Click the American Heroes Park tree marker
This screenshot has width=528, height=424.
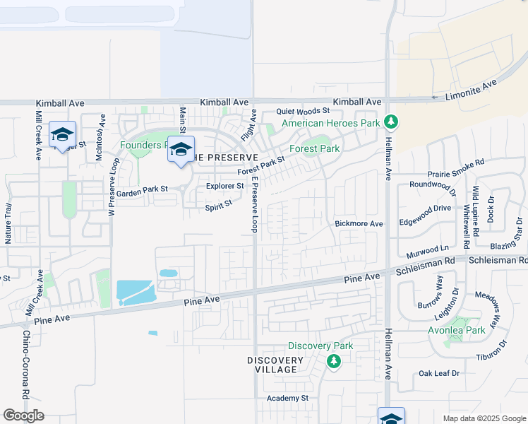click(391, 123)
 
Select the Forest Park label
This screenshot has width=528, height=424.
click(315, 149)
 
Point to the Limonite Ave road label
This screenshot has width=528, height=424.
click(472, 90)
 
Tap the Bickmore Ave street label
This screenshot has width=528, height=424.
click(359, 224)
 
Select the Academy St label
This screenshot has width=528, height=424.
click(288, 399)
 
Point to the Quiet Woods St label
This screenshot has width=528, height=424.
click(303, 111)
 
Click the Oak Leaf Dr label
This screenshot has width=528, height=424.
click(439, 373)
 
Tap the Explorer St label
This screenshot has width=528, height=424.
click(224, 187)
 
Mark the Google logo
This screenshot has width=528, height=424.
click(24, 416)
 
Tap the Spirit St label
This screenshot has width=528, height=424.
click(219, 208)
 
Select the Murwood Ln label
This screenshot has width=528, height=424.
click(428, 249)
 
